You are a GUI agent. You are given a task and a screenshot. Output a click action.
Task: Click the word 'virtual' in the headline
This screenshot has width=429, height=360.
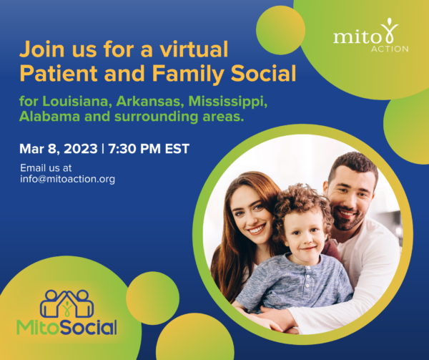coord(194,49)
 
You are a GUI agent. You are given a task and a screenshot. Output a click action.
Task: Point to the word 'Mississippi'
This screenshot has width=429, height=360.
coord(227,102)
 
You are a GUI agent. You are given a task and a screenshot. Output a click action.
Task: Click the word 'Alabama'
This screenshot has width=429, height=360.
coord(49,116)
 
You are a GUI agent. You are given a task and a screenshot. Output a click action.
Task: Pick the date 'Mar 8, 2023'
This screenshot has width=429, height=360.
coord(59,149)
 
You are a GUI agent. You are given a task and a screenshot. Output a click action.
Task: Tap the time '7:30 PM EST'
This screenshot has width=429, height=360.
coord(149,149)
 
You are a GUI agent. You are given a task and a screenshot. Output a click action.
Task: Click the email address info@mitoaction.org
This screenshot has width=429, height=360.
coord(67,179)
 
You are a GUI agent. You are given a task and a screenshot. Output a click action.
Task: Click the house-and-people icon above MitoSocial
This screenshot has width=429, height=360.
coord(66,303)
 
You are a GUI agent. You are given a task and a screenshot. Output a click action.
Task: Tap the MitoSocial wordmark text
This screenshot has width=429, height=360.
coord(66,327)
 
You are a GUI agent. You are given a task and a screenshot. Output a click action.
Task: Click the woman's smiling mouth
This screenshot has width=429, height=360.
coord(257,229)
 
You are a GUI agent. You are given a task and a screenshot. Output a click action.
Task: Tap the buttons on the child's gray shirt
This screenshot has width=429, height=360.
coord(307,278)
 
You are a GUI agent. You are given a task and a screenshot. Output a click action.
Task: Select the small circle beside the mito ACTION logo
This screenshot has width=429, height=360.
coord(280,30)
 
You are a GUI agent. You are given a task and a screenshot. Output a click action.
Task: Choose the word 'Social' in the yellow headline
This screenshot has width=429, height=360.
coord(263,74)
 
